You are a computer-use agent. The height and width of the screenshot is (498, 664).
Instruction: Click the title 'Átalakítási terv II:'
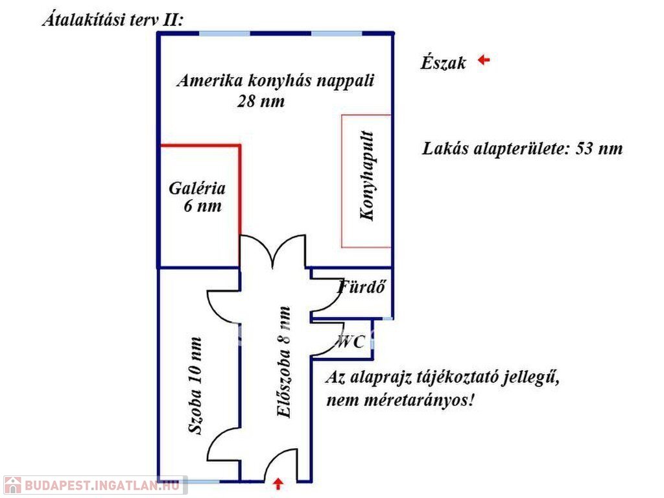coord(113,19)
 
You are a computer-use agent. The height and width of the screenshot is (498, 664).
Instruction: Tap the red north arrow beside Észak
coord(483,60)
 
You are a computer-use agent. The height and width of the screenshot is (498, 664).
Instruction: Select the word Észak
coord(443,63)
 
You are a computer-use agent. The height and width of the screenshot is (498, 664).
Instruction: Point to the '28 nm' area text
coord(261,102)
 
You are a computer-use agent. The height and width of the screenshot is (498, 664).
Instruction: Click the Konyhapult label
coord(367,176)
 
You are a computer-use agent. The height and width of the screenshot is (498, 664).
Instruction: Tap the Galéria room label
coord(197,189)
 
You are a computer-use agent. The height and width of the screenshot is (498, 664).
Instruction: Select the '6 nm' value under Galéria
coord(202,207)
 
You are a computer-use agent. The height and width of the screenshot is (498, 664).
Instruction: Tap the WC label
coord(351,342)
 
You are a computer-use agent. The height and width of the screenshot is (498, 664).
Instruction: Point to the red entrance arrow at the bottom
coord(278,483)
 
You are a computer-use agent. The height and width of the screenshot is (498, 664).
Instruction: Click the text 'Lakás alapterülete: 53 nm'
coord(522,148)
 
